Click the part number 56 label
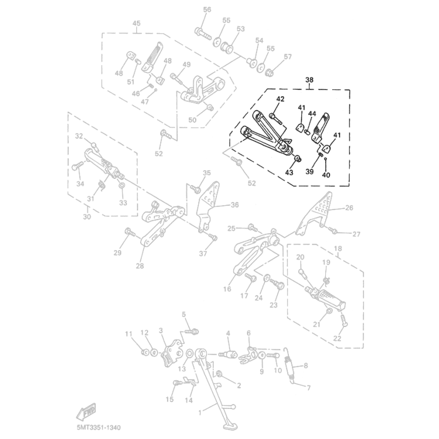pos(207,9)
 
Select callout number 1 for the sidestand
pos(200,412)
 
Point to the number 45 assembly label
pos(136,23)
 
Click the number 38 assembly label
pos(308,81)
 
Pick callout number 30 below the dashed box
pos(86,216)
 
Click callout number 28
pos(139,266)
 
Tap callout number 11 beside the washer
pos(129,333)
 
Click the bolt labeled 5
pos(191,330)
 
